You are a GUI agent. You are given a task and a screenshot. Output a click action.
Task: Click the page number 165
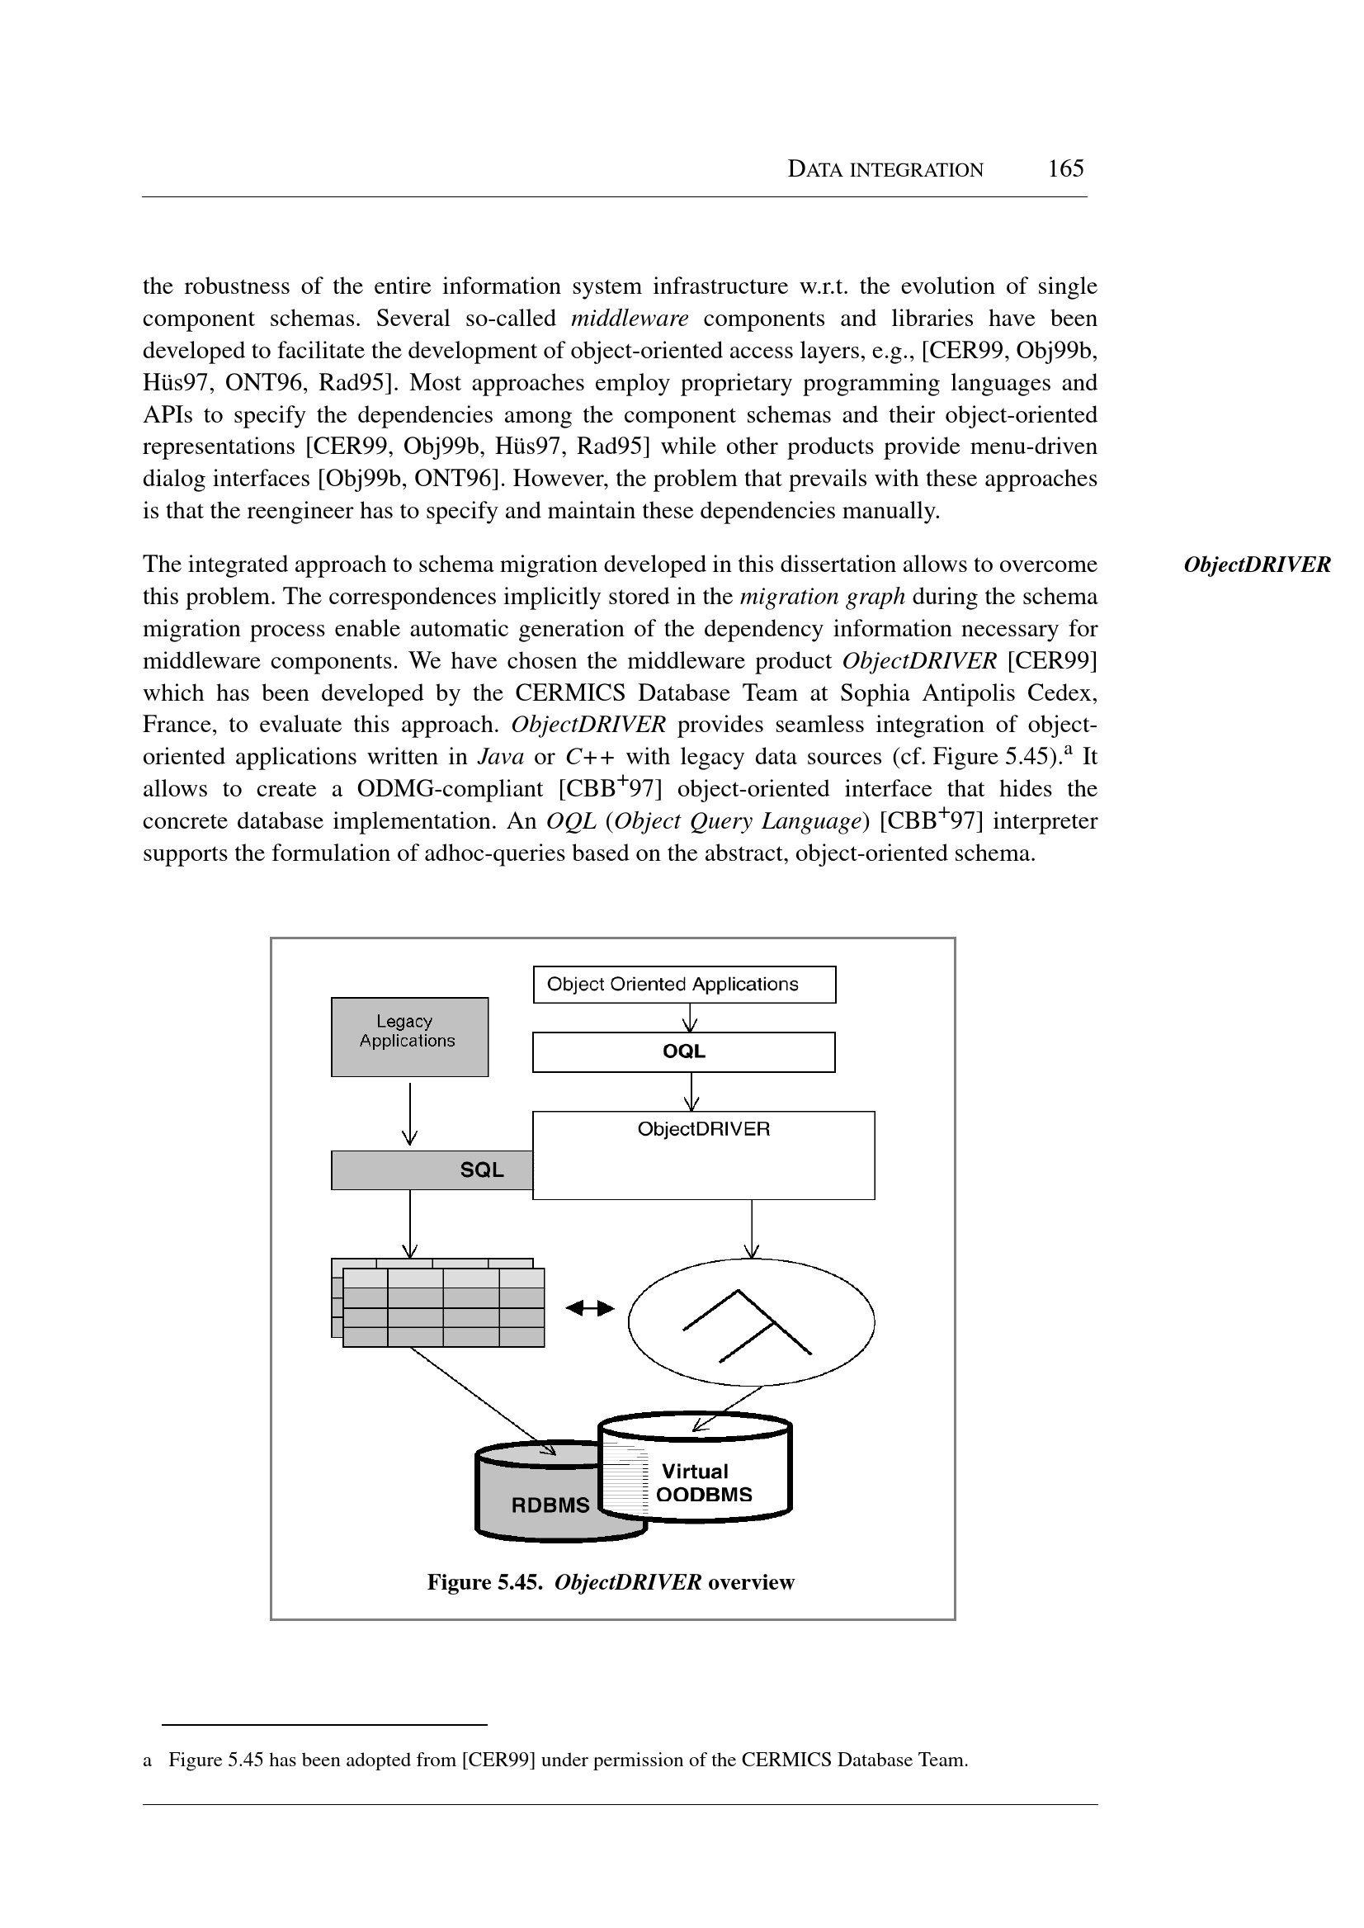[x=1065, y=169]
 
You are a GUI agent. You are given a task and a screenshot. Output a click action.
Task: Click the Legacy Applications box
[x=409, y=1036]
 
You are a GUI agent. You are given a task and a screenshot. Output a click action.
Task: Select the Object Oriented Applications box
[x=684, y=984]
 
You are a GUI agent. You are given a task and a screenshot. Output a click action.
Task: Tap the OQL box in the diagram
[x=684, y=1051]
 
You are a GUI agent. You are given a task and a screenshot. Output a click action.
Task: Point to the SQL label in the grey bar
[x=481, y=1170]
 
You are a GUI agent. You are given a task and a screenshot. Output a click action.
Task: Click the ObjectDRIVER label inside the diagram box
[x=703, y=1128]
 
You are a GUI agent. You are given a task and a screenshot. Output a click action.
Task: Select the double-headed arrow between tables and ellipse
[x=590, y=1308]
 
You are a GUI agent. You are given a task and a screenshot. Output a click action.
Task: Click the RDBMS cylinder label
[x=550, y=1505]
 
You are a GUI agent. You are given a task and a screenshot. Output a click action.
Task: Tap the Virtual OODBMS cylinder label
[x=703, y=1483]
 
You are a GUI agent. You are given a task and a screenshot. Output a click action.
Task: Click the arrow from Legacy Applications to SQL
[x=410, y=1113]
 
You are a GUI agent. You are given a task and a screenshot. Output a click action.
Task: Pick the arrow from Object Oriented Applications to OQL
[x=691, y=1018]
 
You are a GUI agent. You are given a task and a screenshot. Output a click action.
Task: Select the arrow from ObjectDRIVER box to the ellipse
[x=752, y=1228]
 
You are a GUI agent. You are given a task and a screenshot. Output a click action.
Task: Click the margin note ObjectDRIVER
[x=1257, y=565]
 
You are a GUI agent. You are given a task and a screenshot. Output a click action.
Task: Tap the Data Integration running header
[x=885, y=170]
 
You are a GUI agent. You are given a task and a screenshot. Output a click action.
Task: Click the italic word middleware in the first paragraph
[x=629, y=319]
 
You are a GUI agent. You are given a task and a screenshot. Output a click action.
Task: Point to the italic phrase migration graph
[x=821, y=597]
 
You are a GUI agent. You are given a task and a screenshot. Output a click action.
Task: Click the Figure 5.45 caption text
[x=611, y=1583]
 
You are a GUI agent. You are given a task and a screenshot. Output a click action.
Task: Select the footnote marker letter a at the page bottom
[x=148, y=1760]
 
